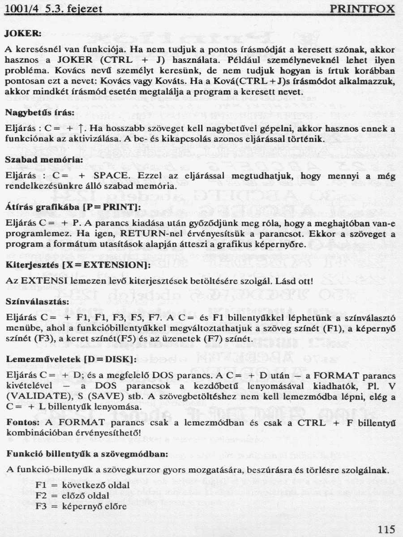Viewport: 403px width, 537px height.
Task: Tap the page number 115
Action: (x=386, y=529)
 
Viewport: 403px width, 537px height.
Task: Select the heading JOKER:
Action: (x=23, y=34)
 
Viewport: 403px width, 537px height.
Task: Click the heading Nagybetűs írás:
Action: (x=39, y=113)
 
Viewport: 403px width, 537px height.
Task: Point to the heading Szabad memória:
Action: (x=43, y=159)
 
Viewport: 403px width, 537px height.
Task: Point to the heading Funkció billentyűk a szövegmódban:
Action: (x=87, y=453)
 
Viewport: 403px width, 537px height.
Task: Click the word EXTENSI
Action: (x=43, y=281)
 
